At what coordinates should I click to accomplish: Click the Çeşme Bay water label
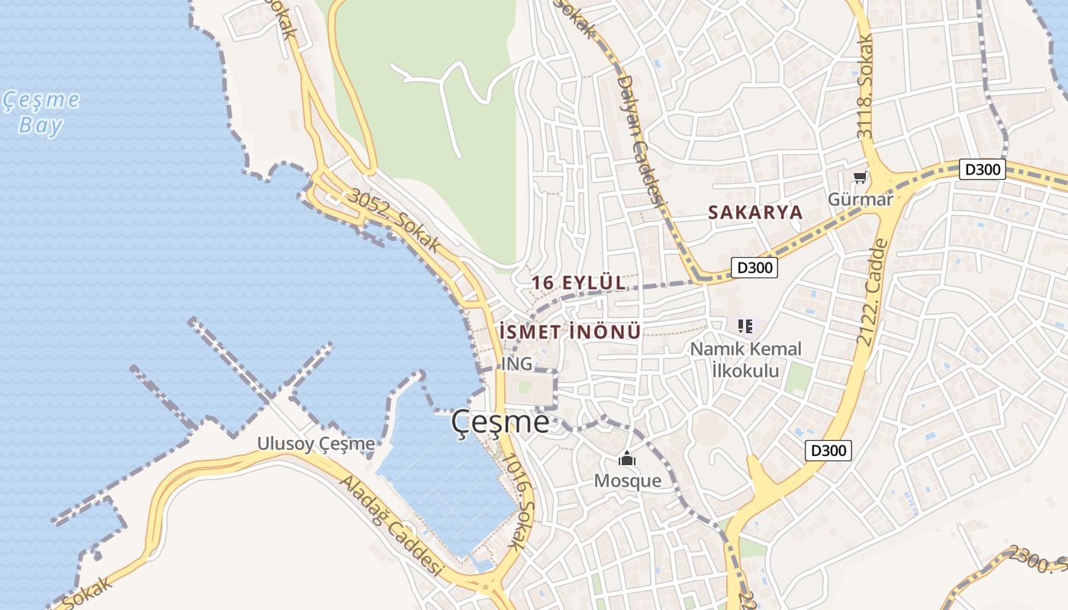tap(40, 112)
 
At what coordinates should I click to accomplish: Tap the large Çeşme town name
tap(500, 422)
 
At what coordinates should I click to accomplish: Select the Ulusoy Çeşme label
tap(316, 444)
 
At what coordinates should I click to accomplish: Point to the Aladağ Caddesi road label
tap(391, 526)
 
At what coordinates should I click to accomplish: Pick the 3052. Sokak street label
tap(394, 220)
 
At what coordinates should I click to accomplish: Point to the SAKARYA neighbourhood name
tap(755, 213)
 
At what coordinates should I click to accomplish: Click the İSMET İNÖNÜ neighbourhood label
tap(569, 332)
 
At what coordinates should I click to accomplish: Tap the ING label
tap(516, 364)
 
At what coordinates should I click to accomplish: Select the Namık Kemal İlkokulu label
tap(745, 360)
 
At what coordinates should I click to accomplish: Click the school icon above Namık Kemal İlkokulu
tap(745, 326)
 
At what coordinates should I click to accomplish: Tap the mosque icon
tap(627, 458)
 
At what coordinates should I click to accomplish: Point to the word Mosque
tap(627, 481)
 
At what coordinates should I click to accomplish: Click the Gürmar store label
tap(860, 200)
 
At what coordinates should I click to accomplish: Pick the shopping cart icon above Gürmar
tap(861, 178)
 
